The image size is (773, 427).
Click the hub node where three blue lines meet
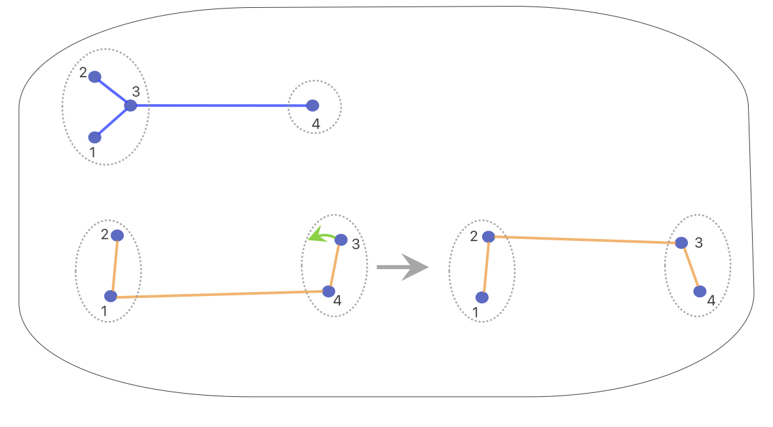130,105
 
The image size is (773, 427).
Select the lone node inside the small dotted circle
312,105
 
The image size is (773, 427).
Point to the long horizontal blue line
223,105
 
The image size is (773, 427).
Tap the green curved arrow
320,235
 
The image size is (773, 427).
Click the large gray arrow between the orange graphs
402,267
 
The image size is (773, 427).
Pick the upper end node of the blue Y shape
95,77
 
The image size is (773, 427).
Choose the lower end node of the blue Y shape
95,137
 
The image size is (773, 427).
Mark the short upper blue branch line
113,91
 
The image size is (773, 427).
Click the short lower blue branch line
113,121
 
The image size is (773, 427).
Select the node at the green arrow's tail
341,240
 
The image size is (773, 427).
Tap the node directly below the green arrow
329,291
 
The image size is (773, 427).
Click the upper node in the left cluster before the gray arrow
117,235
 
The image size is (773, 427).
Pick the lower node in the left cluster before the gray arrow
111,296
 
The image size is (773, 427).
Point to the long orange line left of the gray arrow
219,294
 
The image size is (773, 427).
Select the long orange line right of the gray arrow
585,240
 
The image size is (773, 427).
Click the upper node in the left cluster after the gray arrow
488,236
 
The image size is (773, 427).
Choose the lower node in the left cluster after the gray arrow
482,297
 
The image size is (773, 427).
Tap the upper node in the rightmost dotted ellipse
681,243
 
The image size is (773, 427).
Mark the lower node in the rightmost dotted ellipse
700,291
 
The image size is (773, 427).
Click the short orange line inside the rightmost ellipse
690,267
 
